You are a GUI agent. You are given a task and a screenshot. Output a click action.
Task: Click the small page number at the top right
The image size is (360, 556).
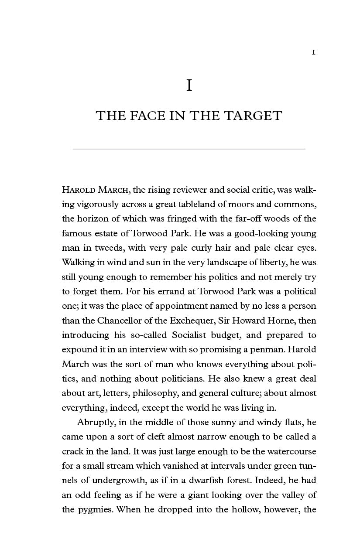click(313, 52)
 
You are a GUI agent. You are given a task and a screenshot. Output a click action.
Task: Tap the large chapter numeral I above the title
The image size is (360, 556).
click(189, 85)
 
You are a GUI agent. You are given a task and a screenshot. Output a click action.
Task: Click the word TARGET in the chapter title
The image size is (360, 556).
click(253, 116)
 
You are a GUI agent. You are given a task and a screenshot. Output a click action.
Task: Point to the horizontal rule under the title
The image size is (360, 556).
click(189, 149)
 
